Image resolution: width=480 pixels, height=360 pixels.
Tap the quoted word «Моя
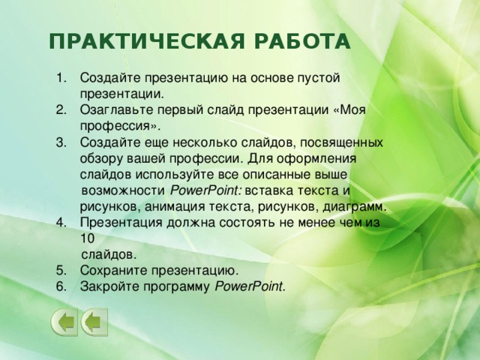(348, 109)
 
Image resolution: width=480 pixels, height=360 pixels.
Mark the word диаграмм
(355, 205)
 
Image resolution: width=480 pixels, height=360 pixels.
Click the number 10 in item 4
(87, 238)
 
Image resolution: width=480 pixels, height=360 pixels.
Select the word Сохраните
(113, 270)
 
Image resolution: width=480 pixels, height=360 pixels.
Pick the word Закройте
(109, 286)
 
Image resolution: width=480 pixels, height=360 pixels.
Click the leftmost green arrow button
(64, 323)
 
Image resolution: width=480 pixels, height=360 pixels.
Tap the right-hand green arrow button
(94, 323)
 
